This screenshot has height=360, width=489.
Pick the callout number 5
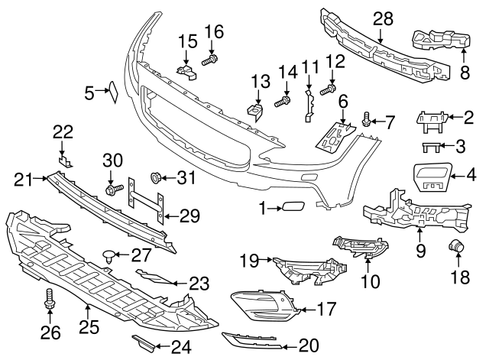pos(89,93)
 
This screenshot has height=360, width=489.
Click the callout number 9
pos(419,248)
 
